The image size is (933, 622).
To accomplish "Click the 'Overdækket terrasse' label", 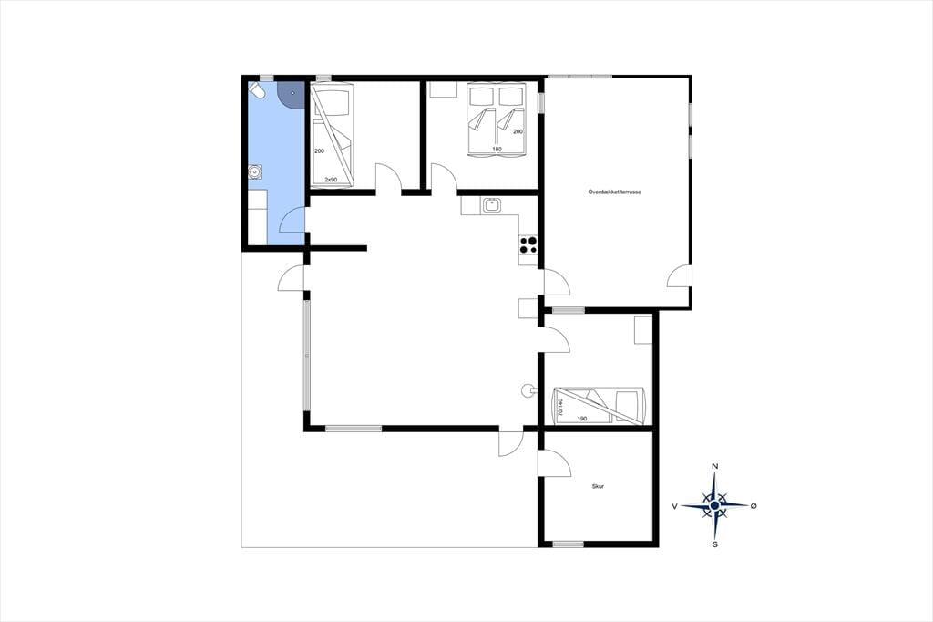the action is coord(614,192).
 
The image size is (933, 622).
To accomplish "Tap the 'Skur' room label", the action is coord(598,487).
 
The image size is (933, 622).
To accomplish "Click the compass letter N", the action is coord(715,466).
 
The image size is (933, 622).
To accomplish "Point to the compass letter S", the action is coord(714,544).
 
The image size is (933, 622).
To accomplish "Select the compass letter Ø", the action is coord(754,506).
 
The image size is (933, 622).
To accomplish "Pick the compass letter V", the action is coord(675,506).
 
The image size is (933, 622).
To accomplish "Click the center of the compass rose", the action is coord(714,505).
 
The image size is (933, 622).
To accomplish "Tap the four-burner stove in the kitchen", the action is coord(528,244).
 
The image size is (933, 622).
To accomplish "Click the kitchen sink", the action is coord(492,205).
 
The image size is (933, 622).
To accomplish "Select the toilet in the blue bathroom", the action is coord(257,91).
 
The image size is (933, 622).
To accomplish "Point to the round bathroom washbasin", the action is coord(255,171).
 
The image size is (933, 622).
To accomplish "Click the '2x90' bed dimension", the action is coord(331,180).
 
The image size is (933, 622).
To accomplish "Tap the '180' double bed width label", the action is coord(497,149).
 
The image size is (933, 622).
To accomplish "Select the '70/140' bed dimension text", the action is coord(560,408).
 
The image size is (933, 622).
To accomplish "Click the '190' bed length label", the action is coord(582,419).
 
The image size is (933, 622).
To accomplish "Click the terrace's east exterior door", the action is coord(679,275).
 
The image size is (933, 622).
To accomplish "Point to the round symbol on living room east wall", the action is coord(528,390).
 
